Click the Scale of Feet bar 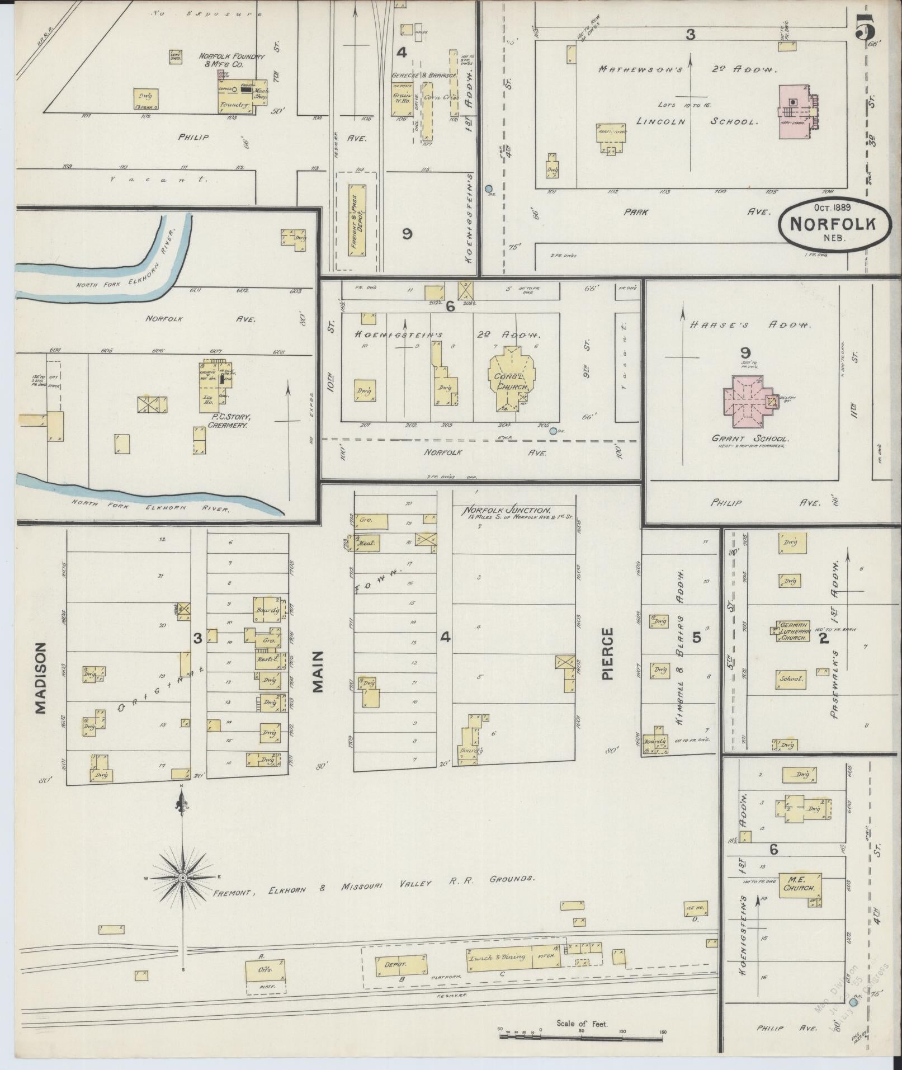582,1036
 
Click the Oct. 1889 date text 832,207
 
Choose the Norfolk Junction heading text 506,511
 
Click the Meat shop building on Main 368,542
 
